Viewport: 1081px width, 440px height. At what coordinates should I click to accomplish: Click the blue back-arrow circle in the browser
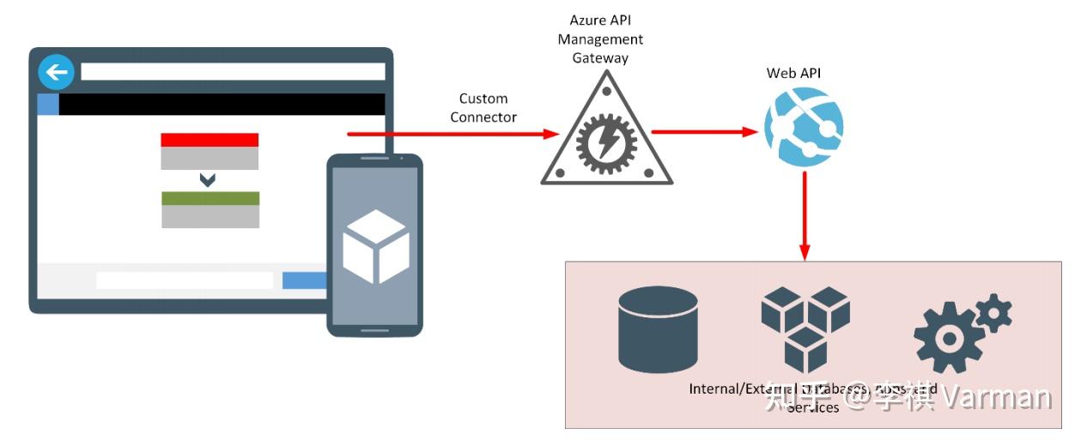(x=57, y=71)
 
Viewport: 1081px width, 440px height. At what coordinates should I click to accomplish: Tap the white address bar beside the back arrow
(x=232, y=71)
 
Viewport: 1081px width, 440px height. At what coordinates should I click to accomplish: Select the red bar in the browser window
(x=210, y=140)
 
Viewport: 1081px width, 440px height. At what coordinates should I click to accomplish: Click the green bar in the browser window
(x=210, y=198)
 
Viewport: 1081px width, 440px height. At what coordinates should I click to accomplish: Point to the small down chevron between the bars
(x=207, y=180)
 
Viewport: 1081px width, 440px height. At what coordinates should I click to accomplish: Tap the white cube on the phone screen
(x=374, y=246)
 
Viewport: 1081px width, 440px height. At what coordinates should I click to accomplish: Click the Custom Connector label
(x=483, y=108)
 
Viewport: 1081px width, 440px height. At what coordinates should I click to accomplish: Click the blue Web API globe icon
(x=805, y=128)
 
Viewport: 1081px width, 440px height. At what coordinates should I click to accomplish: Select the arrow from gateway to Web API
(x=704, y=132)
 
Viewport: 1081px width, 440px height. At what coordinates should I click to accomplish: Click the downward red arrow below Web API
(x=805, y=215)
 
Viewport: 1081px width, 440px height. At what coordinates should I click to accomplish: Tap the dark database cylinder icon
(x=658, y=328)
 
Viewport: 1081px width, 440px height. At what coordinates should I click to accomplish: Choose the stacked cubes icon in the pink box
(x=805, y=327)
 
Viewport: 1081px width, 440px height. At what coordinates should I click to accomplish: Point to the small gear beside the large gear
(x=993, y=313)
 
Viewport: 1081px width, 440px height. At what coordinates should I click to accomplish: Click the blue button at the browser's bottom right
(x=304, y=280)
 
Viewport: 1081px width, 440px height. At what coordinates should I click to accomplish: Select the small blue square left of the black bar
(x=48, y=105)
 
